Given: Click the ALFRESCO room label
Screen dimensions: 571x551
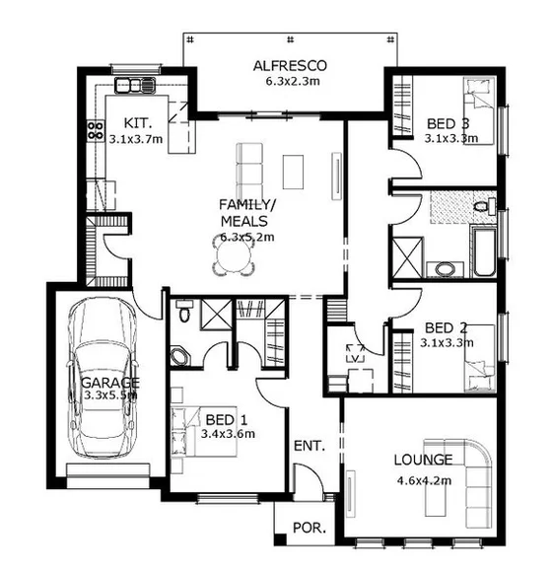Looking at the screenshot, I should pyautogui.click(x=289, y=65).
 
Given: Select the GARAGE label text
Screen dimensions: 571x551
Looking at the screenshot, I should pyautogui.click(x=109, y=382).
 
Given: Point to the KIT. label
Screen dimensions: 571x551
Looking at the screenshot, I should pyautogui.click(x=136, y=123).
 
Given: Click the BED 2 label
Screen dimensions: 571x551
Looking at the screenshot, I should pyautogui.click(x=446, y=327).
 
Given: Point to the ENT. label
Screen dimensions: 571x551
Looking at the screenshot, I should pyautogui.click(x=309, y=447).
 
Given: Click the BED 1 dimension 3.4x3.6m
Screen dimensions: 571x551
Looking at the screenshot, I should pyautogui.click(x=228, y=433).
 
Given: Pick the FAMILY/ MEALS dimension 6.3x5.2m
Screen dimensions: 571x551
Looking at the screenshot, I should pyautogui.click(x=246, y=237).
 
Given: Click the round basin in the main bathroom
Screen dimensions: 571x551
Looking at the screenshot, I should pyautogui.click(x=447, y=268).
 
